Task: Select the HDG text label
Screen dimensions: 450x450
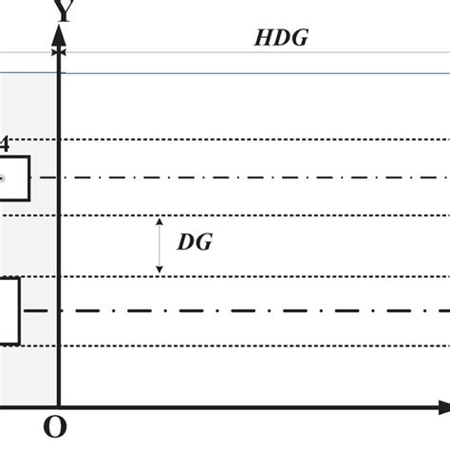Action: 282,38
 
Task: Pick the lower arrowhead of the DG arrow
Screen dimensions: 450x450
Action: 160,270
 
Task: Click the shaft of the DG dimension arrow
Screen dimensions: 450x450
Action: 160,246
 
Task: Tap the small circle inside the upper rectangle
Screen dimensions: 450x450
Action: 3,178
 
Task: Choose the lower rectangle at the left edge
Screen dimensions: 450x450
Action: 9,310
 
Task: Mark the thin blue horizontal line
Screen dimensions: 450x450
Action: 256,73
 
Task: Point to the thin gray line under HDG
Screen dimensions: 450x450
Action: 256,52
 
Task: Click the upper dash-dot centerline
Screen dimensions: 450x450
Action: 256,178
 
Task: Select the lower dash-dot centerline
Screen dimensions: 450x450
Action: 256,310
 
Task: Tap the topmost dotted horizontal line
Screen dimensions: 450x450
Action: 256,141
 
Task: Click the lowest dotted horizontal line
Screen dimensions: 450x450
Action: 256,346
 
